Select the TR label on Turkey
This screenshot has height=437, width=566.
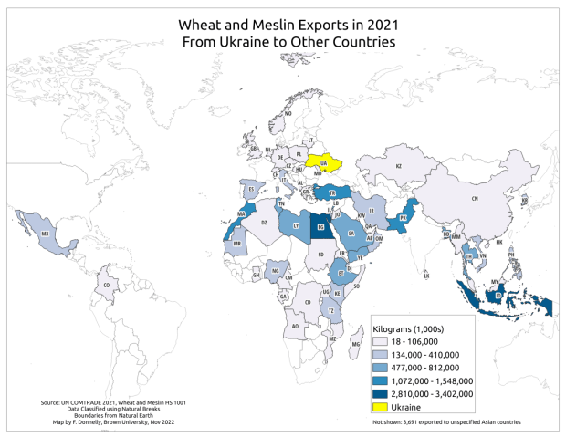332,193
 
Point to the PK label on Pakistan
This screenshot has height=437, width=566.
404,220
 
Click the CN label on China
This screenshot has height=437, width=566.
473,198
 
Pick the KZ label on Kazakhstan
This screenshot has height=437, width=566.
398,166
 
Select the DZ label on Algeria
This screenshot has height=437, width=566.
265,222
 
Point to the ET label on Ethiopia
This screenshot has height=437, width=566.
341,273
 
